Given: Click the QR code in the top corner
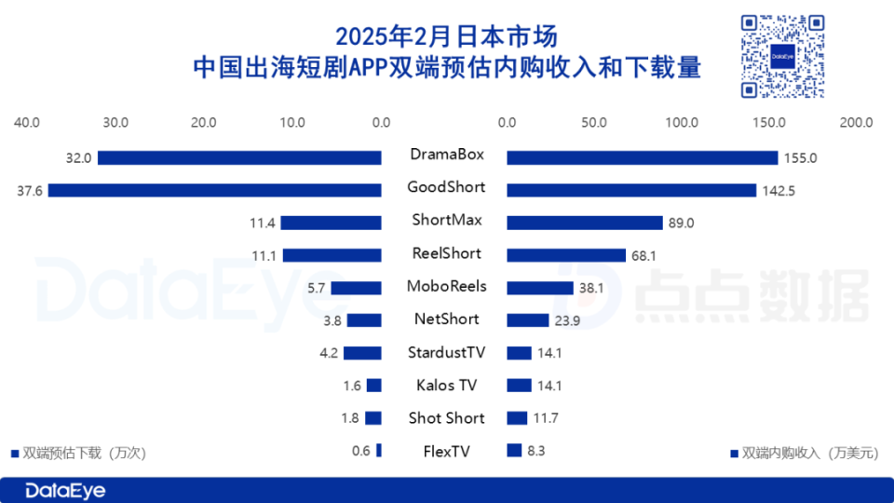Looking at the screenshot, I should tap(782, 57).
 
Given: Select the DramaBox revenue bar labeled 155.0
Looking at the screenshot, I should tap(642, 157).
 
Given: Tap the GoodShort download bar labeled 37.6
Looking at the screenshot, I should tap(215, 190).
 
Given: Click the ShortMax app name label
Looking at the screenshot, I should tap(446, 221).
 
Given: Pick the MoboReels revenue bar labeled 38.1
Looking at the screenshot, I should tap(540, 288).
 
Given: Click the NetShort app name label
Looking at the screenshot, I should tap(446, 319).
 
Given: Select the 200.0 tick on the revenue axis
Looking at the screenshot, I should tap(856, 122).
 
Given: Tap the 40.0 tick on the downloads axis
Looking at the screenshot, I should tap(27, 122).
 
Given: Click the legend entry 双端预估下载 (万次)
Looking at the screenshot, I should tap(78, 453).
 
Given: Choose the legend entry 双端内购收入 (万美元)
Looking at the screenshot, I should tap(803, 453).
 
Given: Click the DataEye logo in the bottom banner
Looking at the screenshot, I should tap(65, 490).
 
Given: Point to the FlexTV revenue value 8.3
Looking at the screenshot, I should tap(535, 451).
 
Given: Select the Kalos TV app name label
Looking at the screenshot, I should tap(446, 385).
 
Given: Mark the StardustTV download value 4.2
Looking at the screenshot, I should tap(329, 353).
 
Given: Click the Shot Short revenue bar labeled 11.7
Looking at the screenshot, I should tap(517, 418).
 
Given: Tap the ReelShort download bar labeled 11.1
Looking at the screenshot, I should tap(332, 255).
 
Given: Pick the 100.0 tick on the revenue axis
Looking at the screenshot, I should tap(682, 122).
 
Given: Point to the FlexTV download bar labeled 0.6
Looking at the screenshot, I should tap(379, 451).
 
